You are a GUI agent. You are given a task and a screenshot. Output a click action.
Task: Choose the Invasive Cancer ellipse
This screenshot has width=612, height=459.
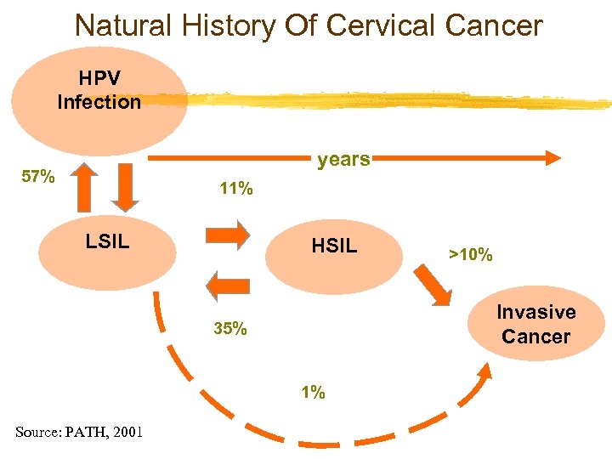pyautogui.click(x=535, y=325)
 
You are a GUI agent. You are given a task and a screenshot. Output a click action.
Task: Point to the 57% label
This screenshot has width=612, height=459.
pyautogui.click(x=38, y=178)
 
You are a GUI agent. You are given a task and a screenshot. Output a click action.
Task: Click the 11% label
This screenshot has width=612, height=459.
pyautogui.click(x=235, y=190)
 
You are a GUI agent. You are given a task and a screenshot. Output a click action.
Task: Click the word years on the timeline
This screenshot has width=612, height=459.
pyautogui.click(x=343, y=159)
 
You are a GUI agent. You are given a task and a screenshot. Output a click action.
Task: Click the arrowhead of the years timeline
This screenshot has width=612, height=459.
pyautogui.click(x=552, y=157)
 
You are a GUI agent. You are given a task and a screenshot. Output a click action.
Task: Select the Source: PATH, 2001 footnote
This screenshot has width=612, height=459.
pyautogui.click(x=78, y=433)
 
